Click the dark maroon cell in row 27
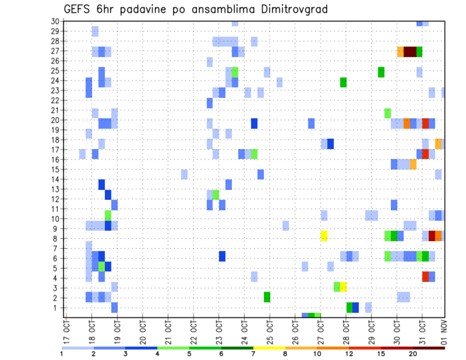point(410,51)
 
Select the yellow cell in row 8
point(324,236)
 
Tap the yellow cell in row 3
point(343,287)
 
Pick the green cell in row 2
point(267,296)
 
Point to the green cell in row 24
point(343,82)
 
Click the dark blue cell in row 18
point(331,144)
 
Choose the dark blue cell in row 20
point(254,123)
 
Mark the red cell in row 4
point(425,277)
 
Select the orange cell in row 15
point(413,164)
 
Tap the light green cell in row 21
point(387,113)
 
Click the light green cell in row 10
point(108,215)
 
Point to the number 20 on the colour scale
point(413,353)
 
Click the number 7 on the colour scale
point(253,353)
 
